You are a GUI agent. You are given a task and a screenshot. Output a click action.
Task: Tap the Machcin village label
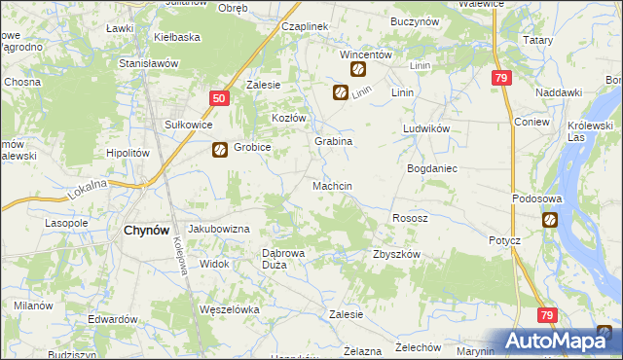(x=332, y=186)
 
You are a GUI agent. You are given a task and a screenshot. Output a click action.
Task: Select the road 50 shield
(x=219, y=98)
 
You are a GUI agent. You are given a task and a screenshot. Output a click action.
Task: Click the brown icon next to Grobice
(x=220, y=149)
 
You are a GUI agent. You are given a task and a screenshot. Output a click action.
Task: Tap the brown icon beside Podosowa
(x=550, y=220)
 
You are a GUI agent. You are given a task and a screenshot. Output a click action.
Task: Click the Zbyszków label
(x=395, y=254)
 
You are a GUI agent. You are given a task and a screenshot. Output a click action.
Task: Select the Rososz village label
(x=410, y=218)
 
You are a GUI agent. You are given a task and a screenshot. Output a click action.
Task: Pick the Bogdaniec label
(x=431, y=168)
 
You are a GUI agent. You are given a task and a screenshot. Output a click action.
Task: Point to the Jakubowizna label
(x=219, y=229)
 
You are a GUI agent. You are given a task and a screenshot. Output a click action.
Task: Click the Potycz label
(x=506, y=240)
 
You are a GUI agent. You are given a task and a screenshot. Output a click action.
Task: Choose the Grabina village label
(x=332, y=141)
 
